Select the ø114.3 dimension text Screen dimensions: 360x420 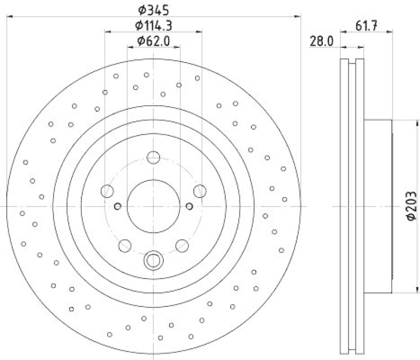click(x=154, y=25)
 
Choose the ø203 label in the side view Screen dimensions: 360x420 click(x=411, y=207)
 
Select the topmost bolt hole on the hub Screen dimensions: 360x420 click(x=153, y=157)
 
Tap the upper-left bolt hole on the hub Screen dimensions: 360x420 click(x=108, y=190)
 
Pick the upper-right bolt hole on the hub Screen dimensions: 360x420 click(x=199, y=190)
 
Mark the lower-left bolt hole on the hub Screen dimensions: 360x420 click(x=125, y=244)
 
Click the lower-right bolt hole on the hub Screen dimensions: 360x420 click(x=182, y=244)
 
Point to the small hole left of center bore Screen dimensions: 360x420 click(x=118, y=205)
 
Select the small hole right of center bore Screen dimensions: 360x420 click(x=190, y=205)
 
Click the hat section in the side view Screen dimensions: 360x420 click(x=378, y=207)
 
